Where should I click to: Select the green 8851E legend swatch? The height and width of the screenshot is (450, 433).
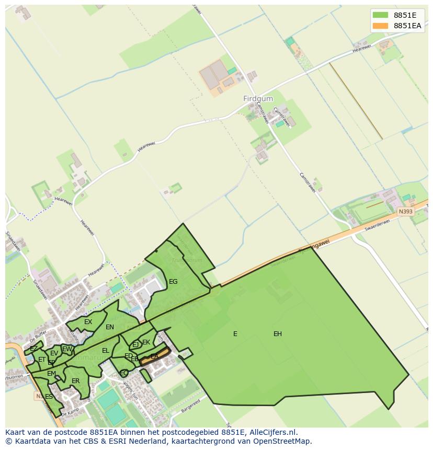(380, 15)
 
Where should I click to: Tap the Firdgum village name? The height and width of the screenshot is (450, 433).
(258, 98)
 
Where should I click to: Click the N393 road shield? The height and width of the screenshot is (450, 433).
(405, 212)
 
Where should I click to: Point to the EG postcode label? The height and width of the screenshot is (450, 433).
(173, 282)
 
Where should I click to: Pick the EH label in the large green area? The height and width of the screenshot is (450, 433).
(278, 334)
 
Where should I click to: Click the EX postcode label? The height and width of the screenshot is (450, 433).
(88, 322)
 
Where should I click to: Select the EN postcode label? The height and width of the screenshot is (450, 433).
(110, 328)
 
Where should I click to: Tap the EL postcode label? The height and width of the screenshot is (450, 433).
(106, 351)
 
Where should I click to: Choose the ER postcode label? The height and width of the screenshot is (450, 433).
(76, 381)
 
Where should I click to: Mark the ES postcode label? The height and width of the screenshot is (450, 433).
(49, 397)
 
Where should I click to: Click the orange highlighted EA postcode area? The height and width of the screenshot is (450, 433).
(154, 356)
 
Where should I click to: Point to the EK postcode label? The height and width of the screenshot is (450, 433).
(146, 342)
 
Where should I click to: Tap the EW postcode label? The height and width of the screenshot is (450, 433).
(67, 349)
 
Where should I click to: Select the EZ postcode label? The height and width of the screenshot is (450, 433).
(33, 349)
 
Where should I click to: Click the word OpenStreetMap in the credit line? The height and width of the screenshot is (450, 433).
(281, 441)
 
